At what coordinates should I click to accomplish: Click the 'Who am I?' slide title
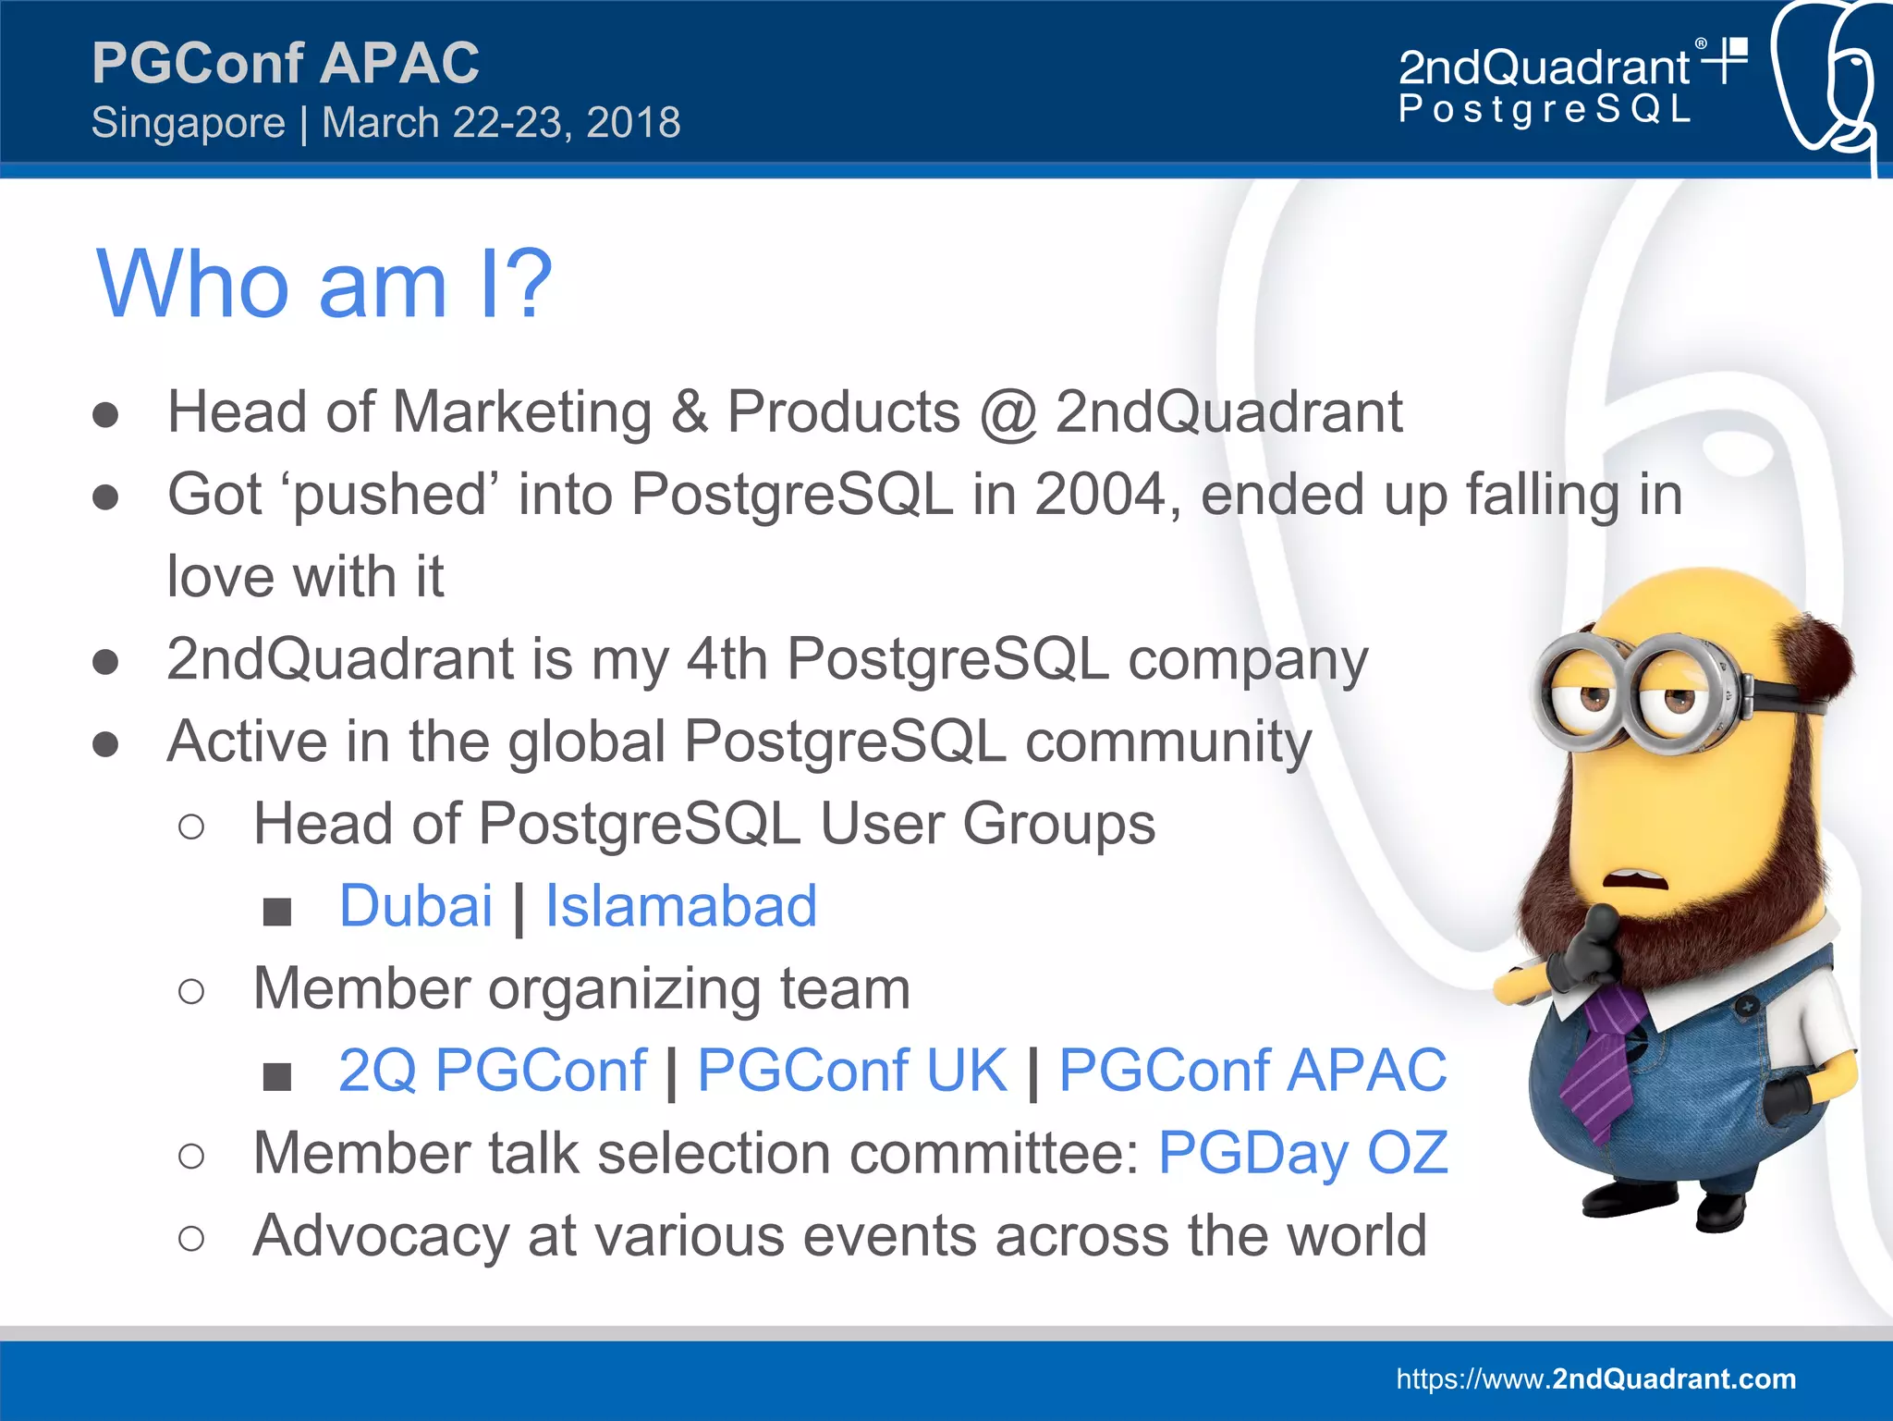click(x=324, y=285)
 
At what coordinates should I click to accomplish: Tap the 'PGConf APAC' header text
click(x=286, y=63)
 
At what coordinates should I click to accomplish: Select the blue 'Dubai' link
click(x=416, y=906)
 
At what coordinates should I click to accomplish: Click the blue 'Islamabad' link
click(x=681, y=906)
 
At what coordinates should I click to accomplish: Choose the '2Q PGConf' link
click(x=493, y=1071)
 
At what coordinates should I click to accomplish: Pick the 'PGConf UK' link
click(x=851, y=1071)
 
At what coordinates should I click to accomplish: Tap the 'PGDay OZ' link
click(x=1303, y=1153)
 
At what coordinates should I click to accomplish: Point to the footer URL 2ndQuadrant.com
click(x=1596, y=1378)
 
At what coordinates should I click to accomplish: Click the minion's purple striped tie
click(x=1604, y=1063)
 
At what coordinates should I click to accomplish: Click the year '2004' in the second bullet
click(x=1100, y=495)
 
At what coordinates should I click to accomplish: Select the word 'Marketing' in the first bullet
click(x=522, y=411)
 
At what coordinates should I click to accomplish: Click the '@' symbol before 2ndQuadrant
click(x=1008, y=413)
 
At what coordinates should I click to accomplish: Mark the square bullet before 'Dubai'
click(x=277, y=912)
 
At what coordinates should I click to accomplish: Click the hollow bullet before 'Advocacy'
click(x=191, y=1238)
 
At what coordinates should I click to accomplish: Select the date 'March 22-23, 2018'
click(x=501, y=123)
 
